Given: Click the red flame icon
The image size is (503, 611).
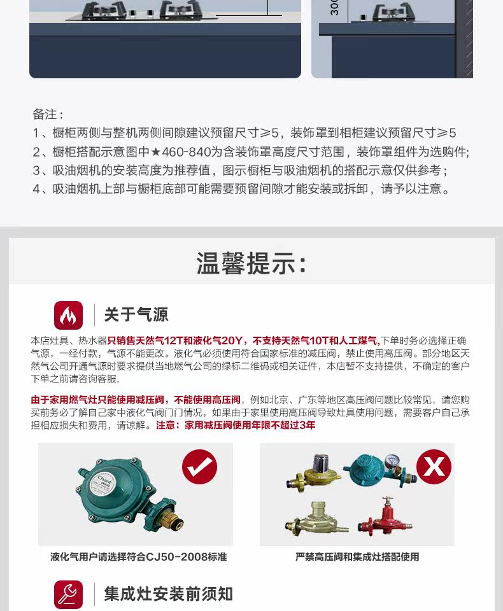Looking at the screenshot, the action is (68, 315).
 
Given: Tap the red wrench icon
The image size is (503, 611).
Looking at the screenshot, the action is (68, 594).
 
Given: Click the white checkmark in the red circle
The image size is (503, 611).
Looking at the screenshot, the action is (200, 467).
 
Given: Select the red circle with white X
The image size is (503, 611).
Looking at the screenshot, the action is (434, 467).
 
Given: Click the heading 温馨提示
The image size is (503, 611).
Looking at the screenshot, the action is (251, 263).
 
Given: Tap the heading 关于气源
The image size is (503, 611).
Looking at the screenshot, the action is (136, 315).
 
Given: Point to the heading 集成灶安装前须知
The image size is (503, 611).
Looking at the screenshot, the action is (168, 594).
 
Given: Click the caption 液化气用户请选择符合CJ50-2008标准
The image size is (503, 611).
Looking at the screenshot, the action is (138, 557).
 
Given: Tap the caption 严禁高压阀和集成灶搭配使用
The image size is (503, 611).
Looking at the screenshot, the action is (357, 557).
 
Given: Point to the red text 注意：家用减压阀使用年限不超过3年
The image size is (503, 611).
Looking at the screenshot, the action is (236, 425).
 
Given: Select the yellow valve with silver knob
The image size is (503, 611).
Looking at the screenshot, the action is (314, 472).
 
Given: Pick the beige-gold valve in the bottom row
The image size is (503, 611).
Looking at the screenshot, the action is (316, 519).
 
